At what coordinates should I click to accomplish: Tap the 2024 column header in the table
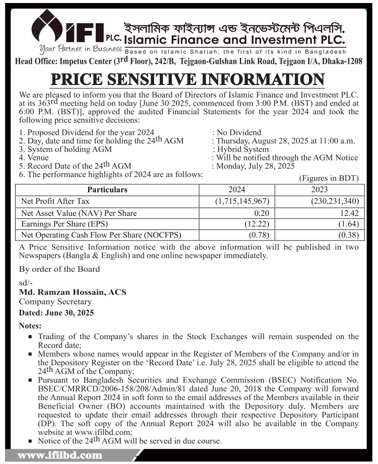[236, 190]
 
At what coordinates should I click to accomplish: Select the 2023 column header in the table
[320, 190]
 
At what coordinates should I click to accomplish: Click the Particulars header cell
[107, 190]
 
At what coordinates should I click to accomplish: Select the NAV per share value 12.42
[348, 213]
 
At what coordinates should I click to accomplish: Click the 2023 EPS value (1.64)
[346, 224]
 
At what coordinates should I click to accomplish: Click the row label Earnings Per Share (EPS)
[65, 224]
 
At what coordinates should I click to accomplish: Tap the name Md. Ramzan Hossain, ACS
[73, 292]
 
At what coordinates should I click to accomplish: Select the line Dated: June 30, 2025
[56, 313]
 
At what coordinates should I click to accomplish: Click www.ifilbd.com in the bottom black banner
[60, 456]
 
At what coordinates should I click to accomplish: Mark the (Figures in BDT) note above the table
[329, 178]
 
